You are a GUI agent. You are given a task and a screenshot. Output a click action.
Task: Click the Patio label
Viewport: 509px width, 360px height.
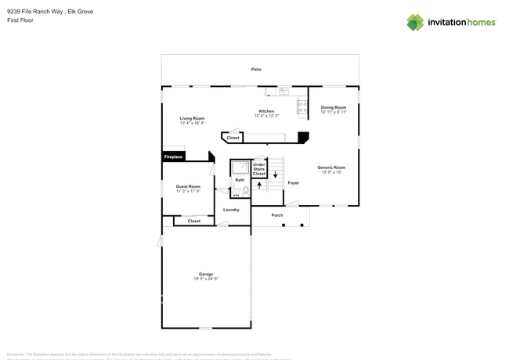tap(256, 70)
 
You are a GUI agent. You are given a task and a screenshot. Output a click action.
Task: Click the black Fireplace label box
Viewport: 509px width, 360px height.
tap(173, 157)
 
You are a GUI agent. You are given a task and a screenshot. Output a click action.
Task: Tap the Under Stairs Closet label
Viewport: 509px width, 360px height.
tap(259, 168)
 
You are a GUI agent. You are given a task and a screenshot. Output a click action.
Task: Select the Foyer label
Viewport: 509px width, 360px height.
tap(293, 182)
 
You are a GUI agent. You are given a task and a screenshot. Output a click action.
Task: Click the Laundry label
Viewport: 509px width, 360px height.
tap(231, 210)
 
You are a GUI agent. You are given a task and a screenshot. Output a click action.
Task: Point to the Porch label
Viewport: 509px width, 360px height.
tap(277, 214)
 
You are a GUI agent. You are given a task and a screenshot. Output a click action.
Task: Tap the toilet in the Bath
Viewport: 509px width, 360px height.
tap(244, 191)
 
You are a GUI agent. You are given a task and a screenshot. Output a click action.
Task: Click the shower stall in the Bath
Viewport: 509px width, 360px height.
tap(239, 167)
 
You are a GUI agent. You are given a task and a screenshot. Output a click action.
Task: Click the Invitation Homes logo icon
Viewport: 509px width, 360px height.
tap(414, 22)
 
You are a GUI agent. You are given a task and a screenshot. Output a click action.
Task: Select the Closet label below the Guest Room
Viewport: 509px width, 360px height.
tap(193, 221)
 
